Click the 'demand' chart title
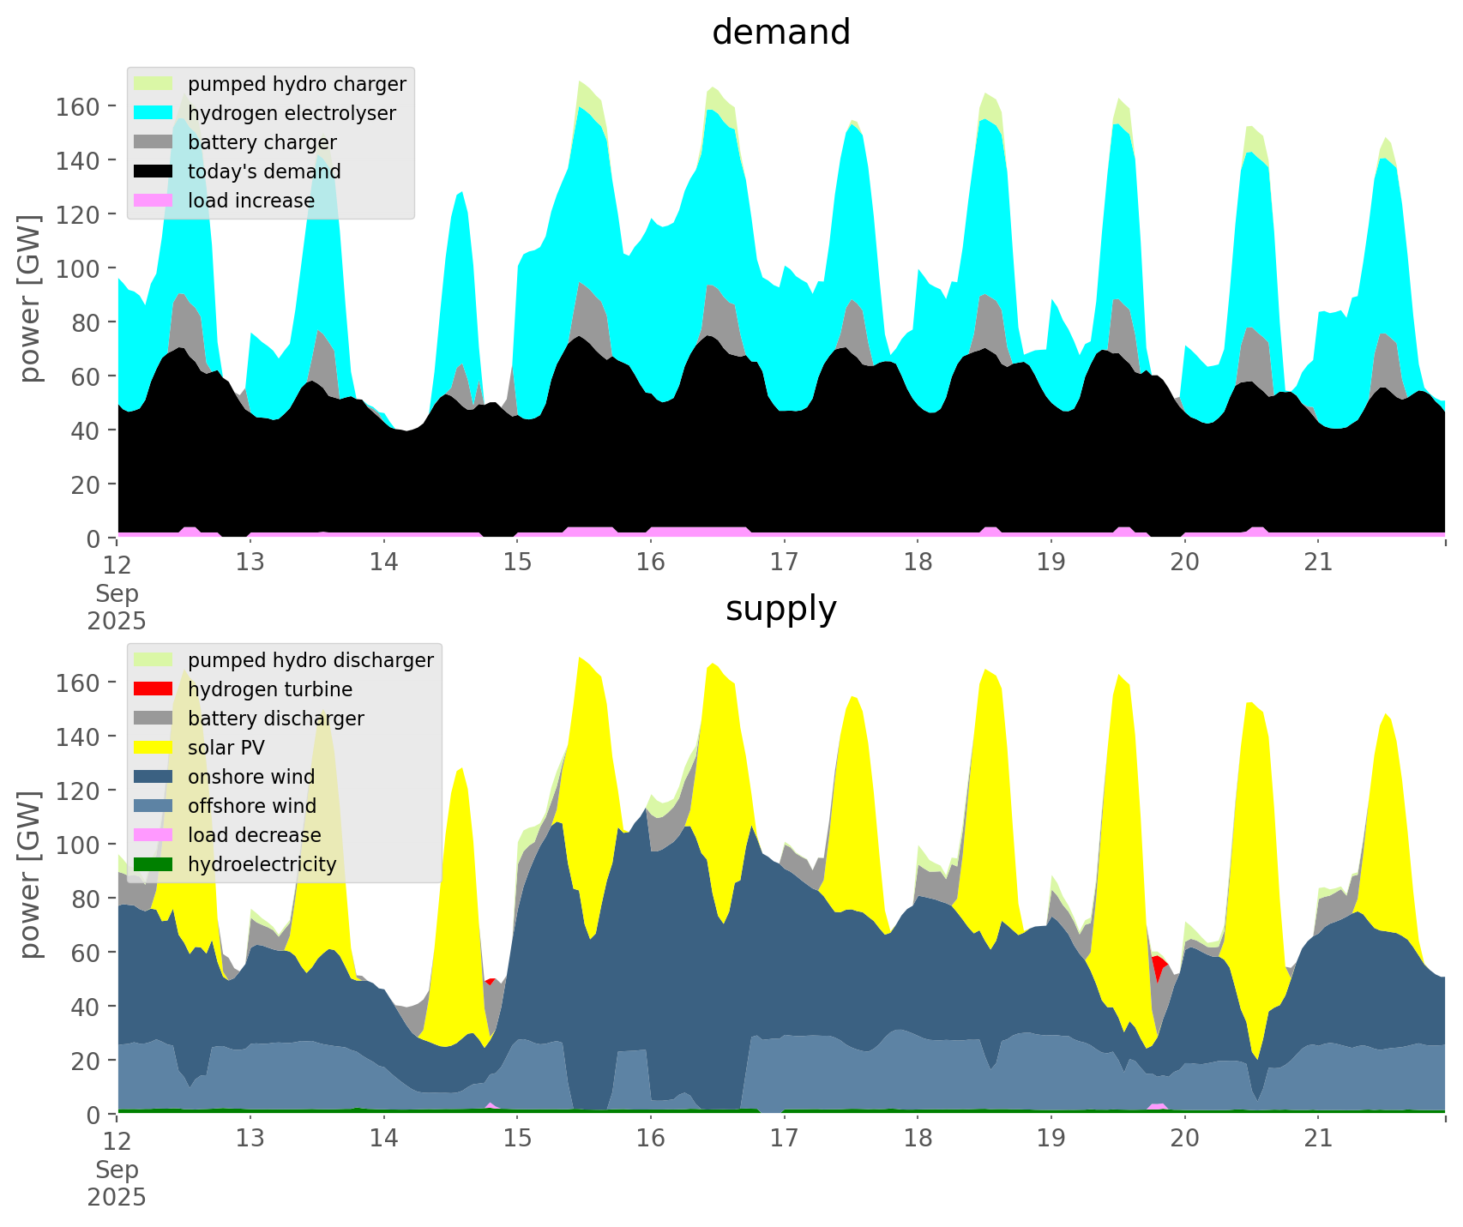point(780,33)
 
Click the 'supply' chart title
point(780,609)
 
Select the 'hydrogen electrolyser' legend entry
point(292,113)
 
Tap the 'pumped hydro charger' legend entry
point(297,84)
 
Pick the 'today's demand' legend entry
point(264,171)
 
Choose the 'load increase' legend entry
point(251,201)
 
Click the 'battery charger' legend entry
point(262,142)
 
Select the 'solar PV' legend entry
point(226,748)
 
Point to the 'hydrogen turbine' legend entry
point(270,689)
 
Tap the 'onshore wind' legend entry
point(251,777)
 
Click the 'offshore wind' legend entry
point(252,806)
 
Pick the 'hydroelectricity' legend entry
point(262,864)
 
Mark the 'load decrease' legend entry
point(254,835)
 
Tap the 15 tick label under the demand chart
point(517,562)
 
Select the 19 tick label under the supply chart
point(1051,1139)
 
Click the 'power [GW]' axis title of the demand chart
point(31,298)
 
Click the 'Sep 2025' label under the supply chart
point(117,1183)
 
